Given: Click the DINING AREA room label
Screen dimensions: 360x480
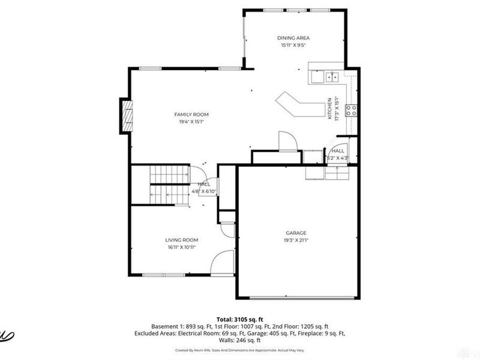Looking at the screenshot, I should pos(293,37).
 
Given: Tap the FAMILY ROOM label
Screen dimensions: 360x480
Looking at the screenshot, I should pos(191,114).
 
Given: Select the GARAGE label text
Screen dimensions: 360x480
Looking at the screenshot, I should pos(296,233).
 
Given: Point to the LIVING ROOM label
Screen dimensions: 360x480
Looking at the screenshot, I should pos(182,240).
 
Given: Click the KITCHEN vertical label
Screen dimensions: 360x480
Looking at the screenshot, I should pos(329,109).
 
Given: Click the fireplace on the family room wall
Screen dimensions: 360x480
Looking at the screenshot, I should pos(126,115).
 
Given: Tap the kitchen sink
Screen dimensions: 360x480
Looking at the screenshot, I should pos(332,76).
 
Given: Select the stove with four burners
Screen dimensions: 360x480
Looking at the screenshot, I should pos(352,110).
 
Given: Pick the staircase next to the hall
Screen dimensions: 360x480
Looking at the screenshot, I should pos(169,184).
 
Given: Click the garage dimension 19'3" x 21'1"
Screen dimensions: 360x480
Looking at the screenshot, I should pos(296,241).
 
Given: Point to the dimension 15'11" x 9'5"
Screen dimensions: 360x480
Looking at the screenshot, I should pos(293,45).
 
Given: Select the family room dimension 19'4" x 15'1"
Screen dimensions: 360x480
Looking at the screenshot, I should pos(191,122).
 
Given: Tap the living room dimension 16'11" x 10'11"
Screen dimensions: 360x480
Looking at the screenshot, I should pos(182,247).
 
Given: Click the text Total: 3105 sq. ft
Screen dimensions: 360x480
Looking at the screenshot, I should pos(239,319).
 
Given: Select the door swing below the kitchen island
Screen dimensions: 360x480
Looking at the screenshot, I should pos(286,141).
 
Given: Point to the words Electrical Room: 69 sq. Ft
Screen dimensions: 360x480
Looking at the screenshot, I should pos(198,332).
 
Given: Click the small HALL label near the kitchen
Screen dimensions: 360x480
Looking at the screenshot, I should pos(338,151).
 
